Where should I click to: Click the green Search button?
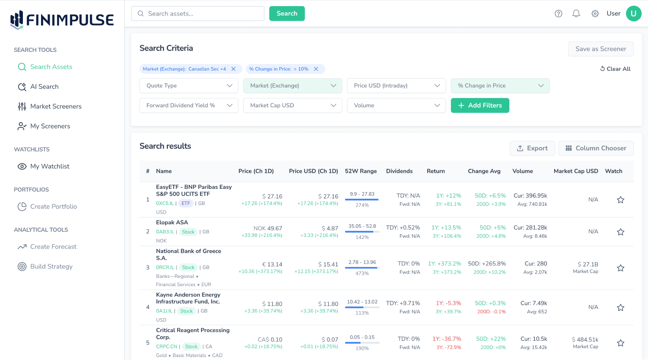pos(287,13)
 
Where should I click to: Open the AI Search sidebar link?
pos(44,86)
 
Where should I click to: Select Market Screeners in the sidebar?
pos(55,106)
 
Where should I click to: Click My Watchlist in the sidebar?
pos(49,166)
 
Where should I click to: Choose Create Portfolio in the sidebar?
pos(53,207)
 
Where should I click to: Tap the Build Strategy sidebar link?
pos(51,267)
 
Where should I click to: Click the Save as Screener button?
pos(600,49)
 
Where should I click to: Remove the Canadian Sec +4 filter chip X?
pos(234,69)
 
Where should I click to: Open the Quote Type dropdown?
pos(189,86)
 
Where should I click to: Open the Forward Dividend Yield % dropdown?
pos(189,105)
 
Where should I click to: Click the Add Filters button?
pos(480,105)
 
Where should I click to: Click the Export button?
pos(532,148)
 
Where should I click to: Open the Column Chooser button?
pos(596,148)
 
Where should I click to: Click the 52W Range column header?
pos(361,171)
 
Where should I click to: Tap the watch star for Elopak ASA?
pos(620,232)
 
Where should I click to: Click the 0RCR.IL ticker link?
pos(165,268)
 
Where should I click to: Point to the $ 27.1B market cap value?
pos(588,264)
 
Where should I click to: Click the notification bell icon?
pos(576,13)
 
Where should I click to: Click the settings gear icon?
pos(595,13)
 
